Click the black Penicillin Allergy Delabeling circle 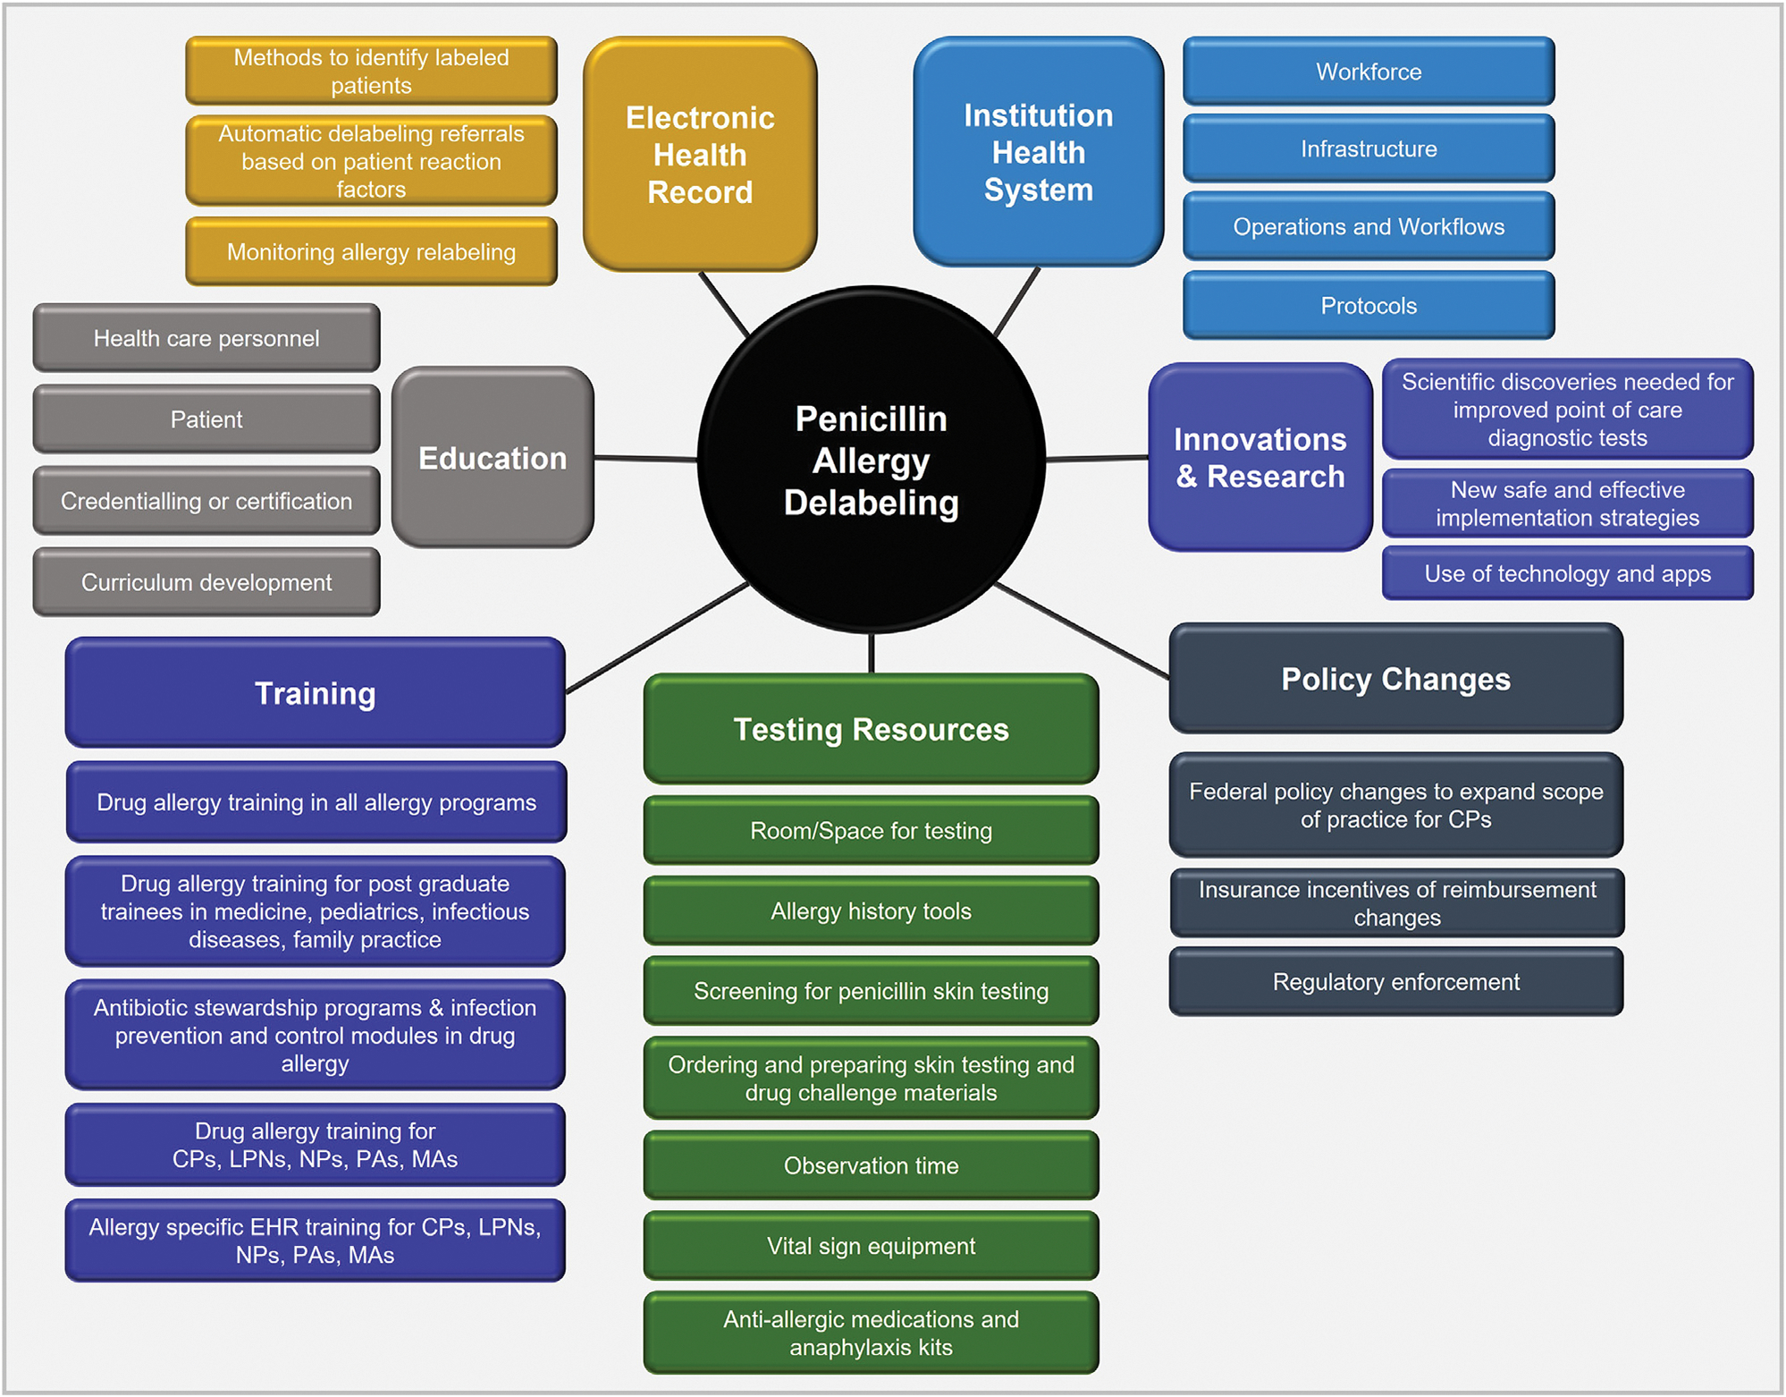pyautogui.click(x=871, y=460)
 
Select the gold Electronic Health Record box pyautogui.click(x=700, y=154)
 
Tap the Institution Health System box pyautogui.click(x=1038, y=152)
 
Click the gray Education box pyautogui.click(x=493, y=457)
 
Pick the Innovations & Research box pyautogui.click(x=1259, y=457)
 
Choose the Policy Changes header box pyautogui.click(x=1395, y=679)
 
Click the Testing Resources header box pyautogui.click(x=871, y=729)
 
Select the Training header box pyautogui.click(x=315, y=693)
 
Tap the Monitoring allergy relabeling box pyautogui.click(x=371, y=252)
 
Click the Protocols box pyautogui.click(x=1369, y=306)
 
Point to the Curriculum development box pyautogui.click(x=206, y=582)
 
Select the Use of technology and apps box pyautogui.click(x=1567, y=573)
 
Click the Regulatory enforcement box pyautogui.click(x=1395, y=982)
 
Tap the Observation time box pyautogui.click(x=871, y=1165)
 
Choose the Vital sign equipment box pyautogui.click(x=871, y=1246)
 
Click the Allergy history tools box pyautogui.click(x=871, y=911)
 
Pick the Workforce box pyautogui.click(x=1369, y=72)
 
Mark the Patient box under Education pyautogui.click(x=206, y=419)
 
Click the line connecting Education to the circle pyautogui.click(x=645, y=459)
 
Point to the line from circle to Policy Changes pyautogui.click(x=1082, y=631)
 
